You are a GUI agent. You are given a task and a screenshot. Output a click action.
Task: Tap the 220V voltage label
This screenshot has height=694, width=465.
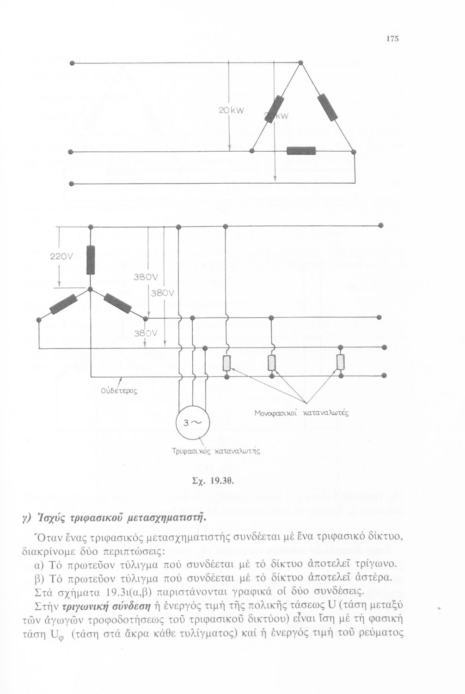[61, 256]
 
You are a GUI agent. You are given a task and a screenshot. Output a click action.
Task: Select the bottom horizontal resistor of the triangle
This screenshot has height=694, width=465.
[301, 151]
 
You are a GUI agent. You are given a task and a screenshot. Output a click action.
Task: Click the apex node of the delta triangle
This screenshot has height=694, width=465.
[300, 62]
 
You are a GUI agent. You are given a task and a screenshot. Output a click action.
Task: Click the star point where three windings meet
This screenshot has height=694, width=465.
[91, 289]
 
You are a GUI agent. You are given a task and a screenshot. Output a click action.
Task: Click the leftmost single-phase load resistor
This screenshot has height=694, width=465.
[226, 363]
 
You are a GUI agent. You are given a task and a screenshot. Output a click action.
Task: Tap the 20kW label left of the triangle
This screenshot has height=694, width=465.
[231, 110]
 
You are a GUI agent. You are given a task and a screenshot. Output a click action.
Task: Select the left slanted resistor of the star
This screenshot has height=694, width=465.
[63, 304]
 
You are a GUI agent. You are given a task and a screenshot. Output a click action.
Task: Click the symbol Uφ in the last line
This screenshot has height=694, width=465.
[55, 633]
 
